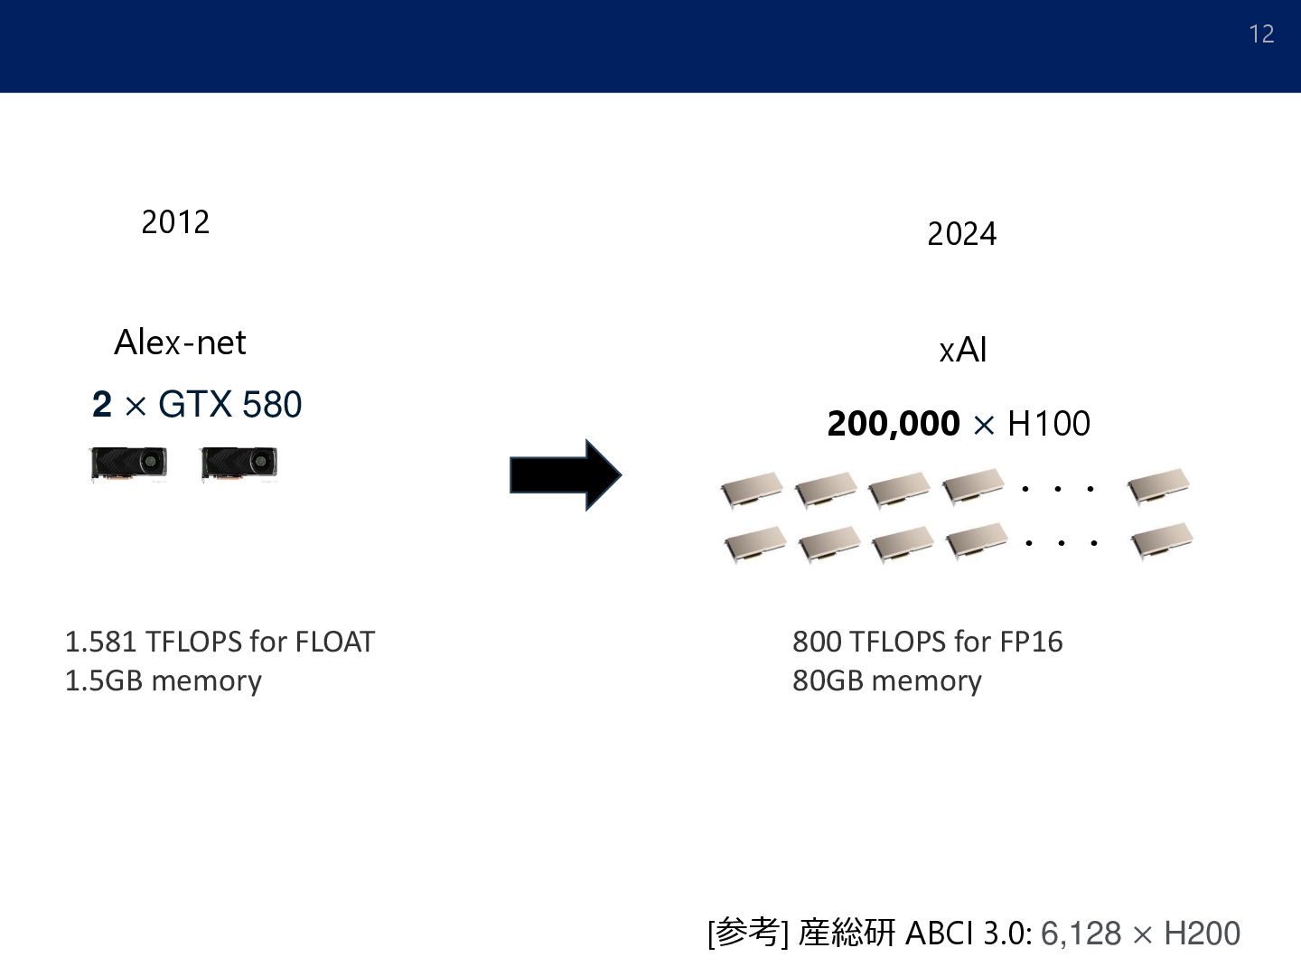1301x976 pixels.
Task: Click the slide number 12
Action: [x=1261, y=34]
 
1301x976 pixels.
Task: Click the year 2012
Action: [x=175, y=222]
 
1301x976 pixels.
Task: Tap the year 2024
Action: [x=961, y=235]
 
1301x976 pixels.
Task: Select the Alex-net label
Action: [x=180, y=343]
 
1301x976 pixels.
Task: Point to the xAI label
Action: [x=962, y=351]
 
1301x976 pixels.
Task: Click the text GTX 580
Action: [x=229, y=405]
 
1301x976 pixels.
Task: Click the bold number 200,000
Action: [x=893, y=424]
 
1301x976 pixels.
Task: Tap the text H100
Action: [x=1048, y=424]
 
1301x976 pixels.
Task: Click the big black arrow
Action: [x=565, y=475]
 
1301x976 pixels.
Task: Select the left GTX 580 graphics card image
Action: [x=128, y=465]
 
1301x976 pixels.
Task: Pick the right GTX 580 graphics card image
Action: [x=239, y=465]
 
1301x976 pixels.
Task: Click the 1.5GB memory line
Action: [x=163, y=680]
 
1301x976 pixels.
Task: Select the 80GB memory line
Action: [x=886, y=680]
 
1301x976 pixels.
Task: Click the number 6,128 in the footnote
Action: [x=1081, y=934]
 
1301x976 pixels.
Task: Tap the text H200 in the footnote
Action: [x=1202, y=934]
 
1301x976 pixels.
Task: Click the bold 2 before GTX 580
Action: [x=102, y=405]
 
